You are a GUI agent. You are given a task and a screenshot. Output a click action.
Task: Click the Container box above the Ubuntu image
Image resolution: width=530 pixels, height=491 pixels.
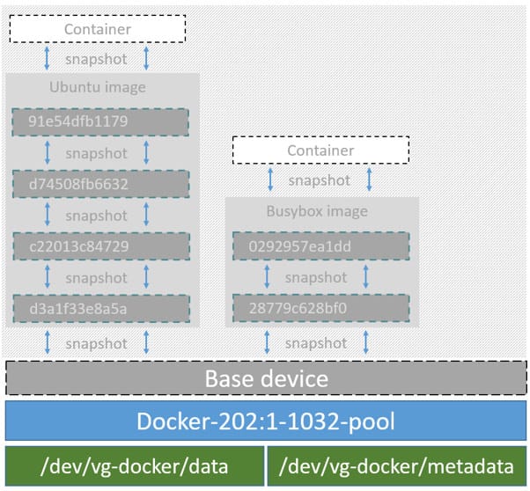pos(97,29)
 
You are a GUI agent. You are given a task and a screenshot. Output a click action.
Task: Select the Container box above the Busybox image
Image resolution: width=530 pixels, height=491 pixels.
pos(320,150)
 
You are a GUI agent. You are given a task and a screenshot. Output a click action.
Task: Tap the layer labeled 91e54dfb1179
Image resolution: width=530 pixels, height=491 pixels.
pos(101,121)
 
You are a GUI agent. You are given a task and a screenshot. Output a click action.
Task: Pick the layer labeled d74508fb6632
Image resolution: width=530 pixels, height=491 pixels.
pos(101,184)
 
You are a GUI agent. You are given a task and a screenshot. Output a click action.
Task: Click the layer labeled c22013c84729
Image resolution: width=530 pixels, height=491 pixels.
pos(101,246)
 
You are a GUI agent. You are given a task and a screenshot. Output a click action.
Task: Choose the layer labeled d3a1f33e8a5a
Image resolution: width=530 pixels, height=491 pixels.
pos(101,309)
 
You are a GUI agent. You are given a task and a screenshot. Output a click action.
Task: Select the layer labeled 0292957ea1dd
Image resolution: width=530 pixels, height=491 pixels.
pos(321,246)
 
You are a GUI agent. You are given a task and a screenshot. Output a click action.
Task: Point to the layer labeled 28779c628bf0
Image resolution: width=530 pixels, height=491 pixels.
pos(321,309)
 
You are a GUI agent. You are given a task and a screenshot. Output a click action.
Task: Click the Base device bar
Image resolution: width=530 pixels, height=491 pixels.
pos(266,378)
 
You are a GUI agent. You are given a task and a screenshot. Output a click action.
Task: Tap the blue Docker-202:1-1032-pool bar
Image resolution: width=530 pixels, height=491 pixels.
pos(266,421)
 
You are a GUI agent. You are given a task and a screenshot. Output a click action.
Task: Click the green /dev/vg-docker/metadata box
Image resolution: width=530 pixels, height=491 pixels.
pos(397,466)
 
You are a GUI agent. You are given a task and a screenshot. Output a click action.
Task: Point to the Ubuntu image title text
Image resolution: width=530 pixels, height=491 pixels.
pos(97,88)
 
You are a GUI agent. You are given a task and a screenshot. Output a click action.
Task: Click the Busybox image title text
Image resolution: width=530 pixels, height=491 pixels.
pos(317,212)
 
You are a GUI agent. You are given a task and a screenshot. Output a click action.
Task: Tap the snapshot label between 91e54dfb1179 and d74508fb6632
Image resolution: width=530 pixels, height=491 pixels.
pos(97,153)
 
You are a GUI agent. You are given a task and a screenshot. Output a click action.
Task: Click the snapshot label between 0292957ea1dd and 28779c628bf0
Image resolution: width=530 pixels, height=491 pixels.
pos(317,277)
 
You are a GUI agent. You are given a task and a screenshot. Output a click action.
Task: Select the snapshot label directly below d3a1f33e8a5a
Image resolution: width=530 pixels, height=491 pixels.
pos(97,342)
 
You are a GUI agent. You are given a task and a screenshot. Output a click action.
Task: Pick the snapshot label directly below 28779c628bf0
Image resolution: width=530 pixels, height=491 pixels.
pos(317,342)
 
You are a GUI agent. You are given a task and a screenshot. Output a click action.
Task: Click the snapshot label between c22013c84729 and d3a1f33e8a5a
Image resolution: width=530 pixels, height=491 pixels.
pos(97,277)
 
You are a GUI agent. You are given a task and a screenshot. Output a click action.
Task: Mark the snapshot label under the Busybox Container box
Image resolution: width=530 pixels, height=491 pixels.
pos(319,180)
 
